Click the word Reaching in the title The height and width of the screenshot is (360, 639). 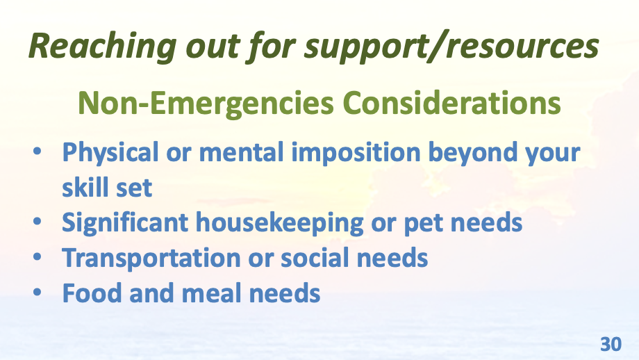[x=103, y=47]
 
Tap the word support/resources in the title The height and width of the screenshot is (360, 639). [x=451, y=47]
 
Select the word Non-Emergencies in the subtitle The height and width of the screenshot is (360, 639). [x=206, y=104]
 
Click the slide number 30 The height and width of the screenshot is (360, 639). [x=611, y=345]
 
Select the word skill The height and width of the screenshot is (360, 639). [x=84, y=187]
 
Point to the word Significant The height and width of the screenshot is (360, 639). [x=125, y=223]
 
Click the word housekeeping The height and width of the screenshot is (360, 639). [x=280, y=223]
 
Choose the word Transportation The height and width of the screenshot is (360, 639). [x=151, y=259]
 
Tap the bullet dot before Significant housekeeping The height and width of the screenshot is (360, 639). [x=38, y=222]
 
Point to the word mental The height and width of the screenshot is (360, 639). [x=241, y=152]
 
